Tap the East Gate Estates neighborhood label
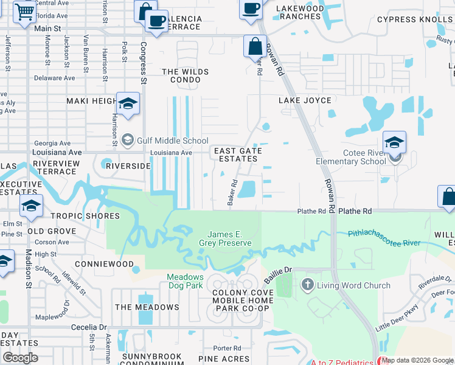(x=237, y=155)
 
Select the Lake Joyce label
(x=305, y=100)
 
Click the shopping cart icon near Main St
(x=24, y=12)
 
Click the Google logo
(x=21, y=358)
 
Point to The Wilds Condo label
(x=186, y=76)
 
